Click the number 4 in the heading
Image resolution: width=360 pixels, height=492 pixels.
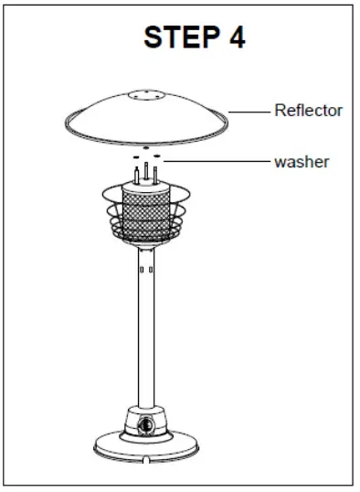tap(235, 37)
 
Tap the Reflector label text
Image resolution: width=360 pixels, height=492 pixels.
tap(309, 111)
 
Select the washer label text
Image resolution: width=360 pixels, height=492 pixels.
tap(302, 162)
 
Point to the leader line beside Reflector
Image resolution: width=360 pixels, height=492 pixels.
tap(248, 111)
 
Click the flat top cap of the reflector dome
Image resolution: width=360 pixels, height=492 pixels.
tap(146, 94)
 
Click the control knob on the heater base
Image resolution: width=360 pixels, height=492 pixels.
tap(147, 425)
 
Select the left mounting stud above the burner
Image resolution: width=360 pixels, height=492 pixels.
tap(137, 173)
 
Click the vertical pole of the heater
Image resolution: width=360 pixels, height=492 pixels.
tap(147, 338)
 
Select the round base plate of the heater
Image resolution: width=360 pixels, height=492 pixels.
tap(147, 449)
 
